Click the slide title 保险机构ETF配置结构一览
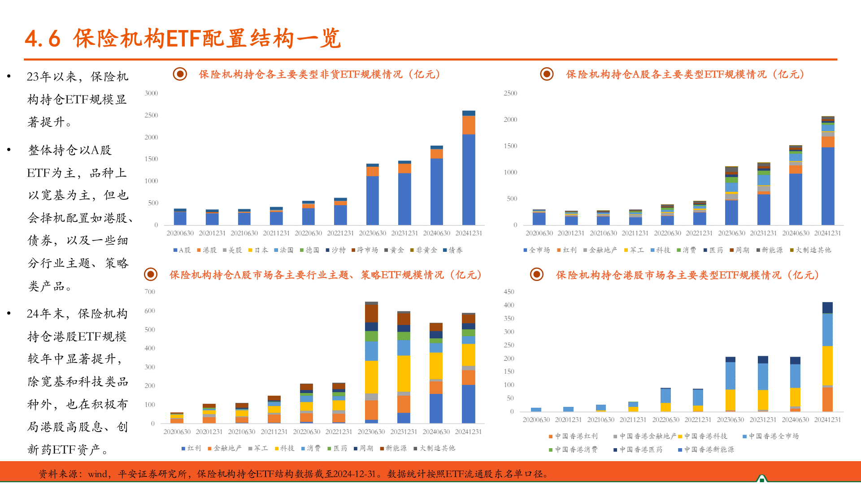click(x=183, y=39)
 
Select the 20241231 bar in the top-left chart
click(x=469, y=168)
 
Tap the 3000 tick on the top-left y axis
click(x=151, y=93)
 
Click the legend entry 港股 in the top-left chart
click(x=207, y=250)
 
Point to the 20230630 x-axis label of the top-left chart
click(x=372, y=233)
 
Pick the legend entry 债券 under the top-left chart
click(x=453, y=250)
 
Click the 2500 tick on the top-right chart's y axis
click(x=510, y=93)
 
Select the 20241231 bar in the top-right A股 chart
click(x=828, y=171)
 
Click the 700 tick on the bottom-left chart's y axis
click(x=150, y=292)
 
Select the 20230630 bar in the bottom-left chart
click(x=371, y=363)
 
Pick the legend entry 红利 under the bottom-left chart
click(x=191, y=448)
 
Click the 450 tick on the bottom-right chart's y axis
click(x=509, y=292)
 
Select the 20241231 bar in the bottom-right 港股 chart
click(x=827, y=357)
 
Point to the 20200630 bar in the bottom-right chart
click(x=536, y=410)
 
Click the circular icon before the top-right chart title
click(x=547, y=74)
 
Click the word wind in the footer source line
click(x=97, y=474)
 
